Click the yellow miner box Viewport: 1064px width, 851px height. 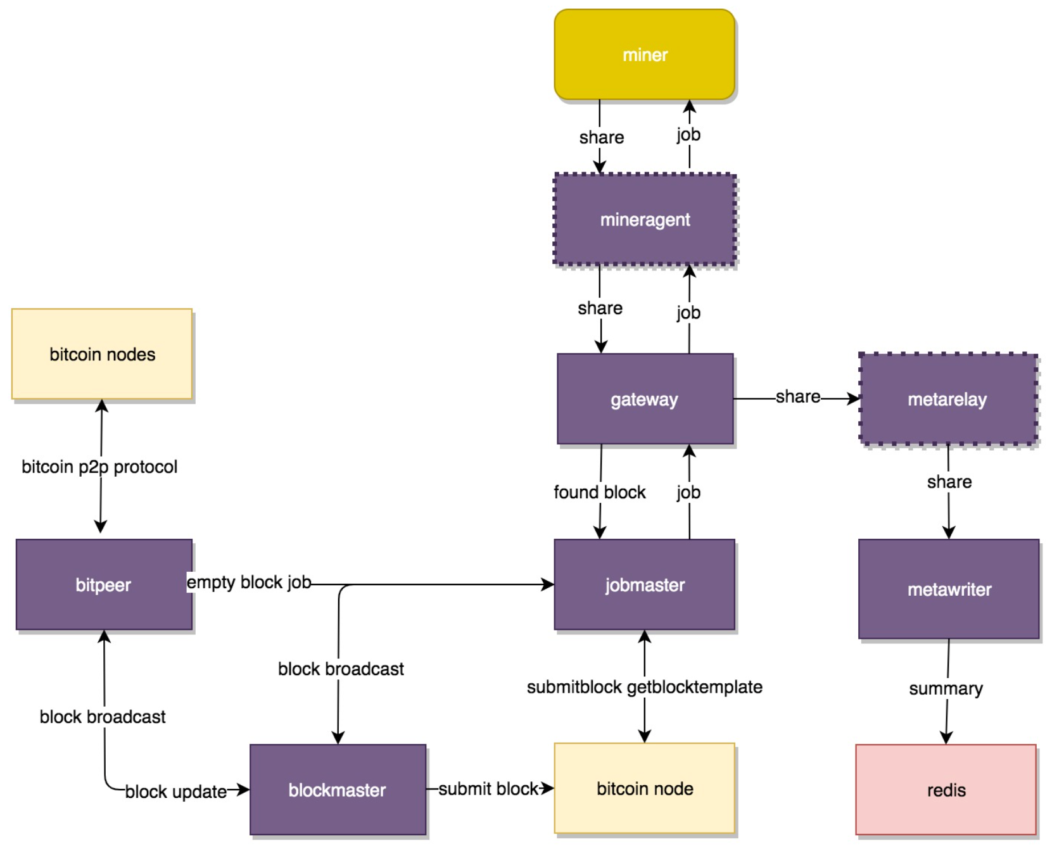tap(644, 54)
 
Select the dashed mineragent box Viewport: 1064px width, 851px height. tap(644, 219)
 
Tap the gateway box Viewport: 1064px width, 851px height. tap(644, 399)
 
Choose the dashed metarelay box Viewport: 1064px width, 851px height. tap(947, 399)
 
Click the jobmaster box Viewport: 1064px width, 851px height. tap(644, 584)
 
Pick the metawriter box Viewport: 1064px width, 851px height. tap(949, 589)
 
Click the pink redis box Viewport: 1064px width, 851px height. tap(946, 790)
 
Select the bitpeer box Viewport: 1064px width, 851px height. tap(103, 584)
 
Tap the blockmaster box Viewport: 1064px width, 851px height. tap(337, 790)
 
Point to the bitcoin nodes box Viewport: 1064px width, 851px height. tap(102, 354)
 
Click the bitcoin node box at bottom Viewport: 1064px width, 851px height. tap(644, 788)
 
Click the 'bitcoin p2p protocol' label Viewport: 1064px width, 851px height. tap(99, 467)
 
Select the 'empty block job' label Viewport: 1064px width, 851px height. tap(248, 582)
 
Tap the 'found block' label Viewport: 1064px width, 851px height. tap(599, 492)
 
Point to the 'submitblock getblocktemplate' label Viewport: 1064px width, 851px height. tap(644, 687)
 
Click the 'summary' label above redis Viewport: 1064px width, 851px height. tap(946, 688)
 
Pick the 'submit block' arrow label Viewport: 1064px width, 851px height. tap(488, 788)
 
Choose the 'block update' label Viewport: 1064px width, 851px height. tap(175, 791)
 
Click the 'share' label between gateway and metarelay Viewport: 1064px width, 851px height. tap(797, 396)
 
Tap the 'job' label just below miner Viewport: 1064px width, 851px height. tap(688, 134)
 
